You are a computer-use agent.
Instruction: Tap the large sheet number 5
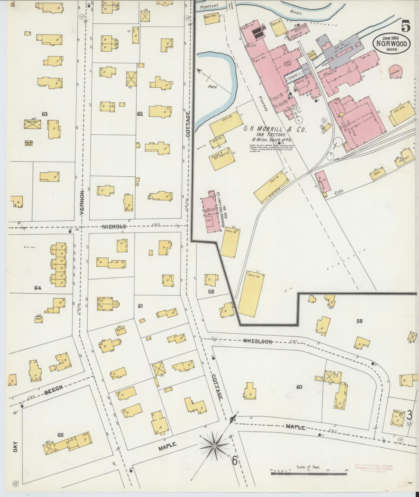click(406, 26)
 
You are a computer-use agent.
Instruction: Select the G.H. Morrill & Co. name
click(274, 129)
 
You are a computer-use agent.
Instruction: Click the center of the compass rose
click(215, 446)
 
